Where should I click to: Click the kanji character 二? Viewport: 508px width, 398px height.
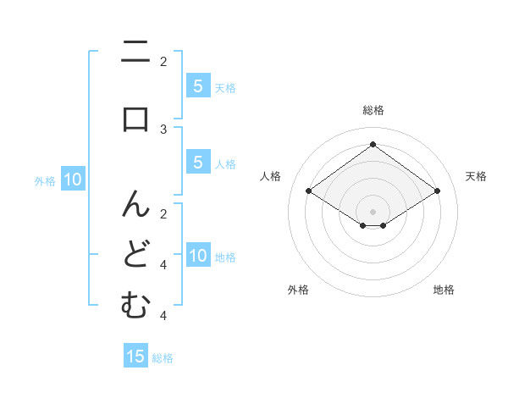(135, 56)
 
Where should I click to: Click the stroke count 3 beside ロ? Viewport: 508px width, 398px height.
(164, 130)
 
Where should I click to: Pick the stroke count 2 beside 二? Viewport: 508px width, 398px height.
(164, 61)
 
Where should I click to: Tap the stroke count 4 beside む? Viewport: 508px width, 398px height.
(164, 316)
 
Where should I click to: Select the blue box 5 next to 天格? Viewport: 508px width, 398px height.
(197, 86)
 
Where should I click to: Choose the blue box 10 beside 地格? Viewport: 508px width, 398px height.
(198, 256)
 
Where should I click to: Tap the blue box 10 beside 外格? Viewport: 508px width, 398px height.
(73, 180)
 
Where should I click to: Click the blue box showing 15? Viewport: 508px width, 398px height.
(135, 357)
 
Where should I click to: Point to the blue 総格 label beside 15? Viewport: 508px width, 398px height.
(163, 357)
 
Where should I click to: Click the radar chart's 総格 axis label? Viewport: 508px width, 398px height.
(373, 110)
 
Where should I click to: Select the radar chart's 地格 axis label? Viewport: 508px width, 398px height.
(444, 290)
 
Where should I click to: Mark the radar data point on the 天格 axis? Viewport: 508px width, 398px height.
(437, 191)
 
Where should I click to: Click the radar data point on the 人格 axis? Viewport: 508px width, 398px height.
(308, 191)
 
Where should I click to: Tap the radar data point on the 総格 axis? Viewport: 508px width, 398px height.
(373, 145)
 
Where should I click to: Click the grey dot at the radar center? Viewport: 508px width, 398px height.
(373, 211)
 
